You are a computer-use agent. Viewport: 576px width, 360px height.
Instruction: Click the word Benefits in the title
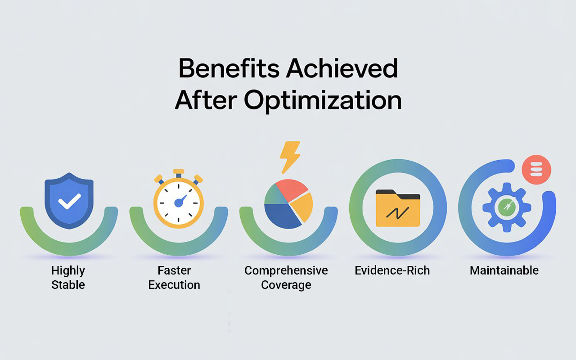point(229,69)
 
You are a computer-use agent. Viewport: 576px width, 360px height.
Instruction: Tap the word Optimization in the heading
point(323,100)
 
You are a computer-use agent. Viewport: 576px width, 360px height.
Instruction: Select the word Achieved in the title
point(342,69)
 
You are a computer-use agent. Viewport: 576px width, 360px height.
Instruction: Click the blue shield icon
point(69,201)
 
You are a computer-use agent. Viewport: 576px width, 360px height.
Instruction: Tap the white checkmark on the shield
point(69,201)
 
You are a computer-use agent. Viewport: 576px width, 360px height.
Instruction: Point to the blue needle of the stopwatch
point(181,201)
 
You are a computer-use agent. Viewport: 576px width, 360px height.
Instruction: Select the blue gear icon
point(505,207)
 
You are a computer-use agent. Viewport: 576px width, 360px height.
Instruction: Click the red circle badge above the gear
point(536,170)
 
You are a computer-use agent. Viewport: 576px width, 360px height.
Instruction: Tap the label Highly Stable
point(68,278)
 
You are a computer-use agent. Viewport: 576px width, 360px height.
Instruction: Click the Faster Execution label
point(174,278)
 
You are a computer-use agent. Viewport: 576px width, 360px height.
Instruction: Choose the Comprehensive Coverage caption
point(286,278)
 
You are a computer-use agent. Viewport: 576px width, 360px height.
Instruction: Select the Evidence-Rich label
point(392,270)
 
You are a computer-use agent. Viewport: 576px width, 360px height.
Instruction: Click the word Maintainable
point(504,270)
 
